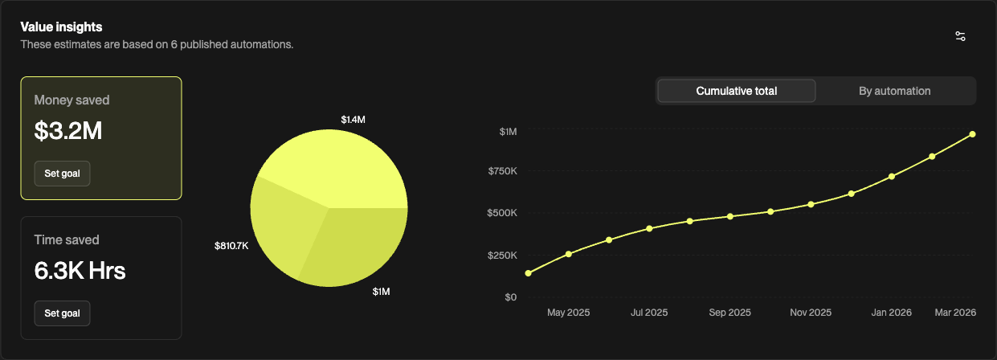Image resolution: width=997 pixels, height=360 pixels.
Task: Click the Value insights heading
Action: coord(61,27)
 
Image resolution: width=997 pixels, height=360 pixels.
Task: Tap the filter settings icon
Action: coord(961,36)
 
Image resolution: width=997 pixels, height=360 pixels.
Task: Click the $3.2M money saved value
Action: coord(68,131)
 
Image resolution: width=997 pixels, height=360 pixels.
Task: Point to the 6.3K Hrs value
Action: coord(80,271)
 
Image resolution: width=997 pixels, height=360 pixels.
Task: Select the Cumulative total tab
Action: coord(737,92)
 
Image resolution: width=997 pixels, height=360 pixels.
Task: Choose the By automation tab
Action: coord(895,92)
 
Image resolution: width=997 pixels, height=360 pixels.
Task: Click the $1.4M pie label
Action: coord(353,120)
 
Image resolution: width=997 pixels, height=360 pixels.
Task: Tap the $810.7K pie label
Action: coord(231,246)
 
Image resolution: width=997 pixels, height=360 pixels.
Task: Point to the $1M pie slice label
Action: coord(381,292)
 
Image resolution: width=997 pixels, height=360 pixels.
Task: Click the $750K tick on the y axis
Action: coord(502,171)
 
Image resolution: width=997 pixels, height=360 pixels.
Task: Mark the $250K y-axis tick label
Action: coord(502,256)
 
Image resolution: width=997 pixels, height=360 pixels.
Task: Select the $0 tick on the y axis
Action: coord(510,297)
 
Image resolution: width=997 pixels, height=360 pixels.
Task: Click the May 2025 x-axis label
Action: coord(568,313)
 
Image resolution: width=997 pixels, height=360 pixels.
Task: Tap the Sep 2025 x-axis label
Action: coord(730,313)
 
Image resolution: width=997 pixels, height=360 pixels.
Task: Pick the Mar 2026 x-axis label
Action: coord(955,313)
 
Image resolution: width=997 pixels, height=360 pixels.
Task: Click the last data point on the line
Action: coord(973,134)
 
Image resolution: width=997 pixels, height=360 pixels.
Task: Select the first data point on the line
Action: coord(529,273)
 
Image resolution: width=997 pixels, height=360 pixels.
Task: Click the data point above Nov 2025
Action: coord(811,204)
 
